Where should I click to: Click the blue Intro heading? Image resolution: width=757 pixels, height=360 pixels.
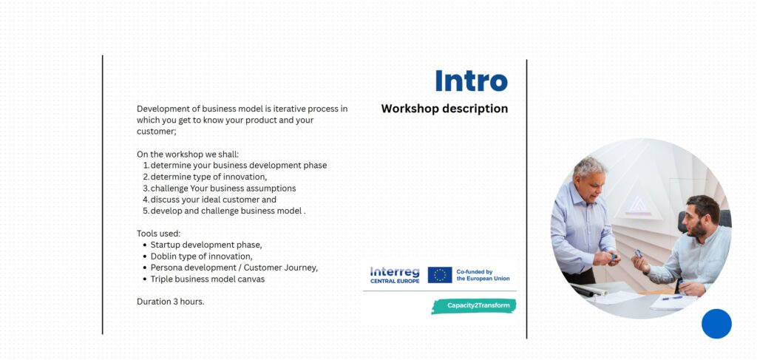[471, 81]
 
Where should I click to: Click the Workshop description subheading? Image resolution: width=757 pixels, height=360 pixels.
[444, 109]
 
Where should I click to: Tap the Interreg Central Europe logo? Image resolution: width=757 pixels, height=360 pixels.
[395, 275]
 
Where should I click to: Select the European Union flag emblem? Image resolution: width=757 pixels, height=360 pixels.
[440, 275]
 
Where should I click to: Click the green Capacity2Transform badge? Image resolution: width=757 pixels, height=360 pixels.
[474, 306]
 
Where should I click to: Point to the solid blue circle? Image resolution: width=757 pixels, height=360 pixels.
[716, 324]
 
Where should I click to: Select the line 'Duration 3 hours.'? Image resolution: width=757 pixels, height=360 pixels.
[171, 302]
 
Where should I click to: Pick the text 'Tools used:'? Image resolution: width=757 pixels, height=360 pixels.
[158, 234]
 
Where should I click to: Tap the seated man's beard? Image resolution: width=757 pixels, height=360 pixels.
[698, 231]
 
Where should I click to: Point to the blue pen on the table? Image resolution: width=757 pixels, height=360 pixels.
[672, 298]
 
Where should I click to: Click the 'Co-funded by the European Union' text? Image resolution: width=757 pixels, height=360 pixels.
[483, 275]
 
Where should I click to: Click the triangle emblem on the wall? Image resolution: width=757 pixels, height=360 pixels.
[639, 204]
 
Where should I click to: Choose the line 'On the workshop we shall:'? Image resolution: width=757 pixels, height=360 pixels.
[188, 154]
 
